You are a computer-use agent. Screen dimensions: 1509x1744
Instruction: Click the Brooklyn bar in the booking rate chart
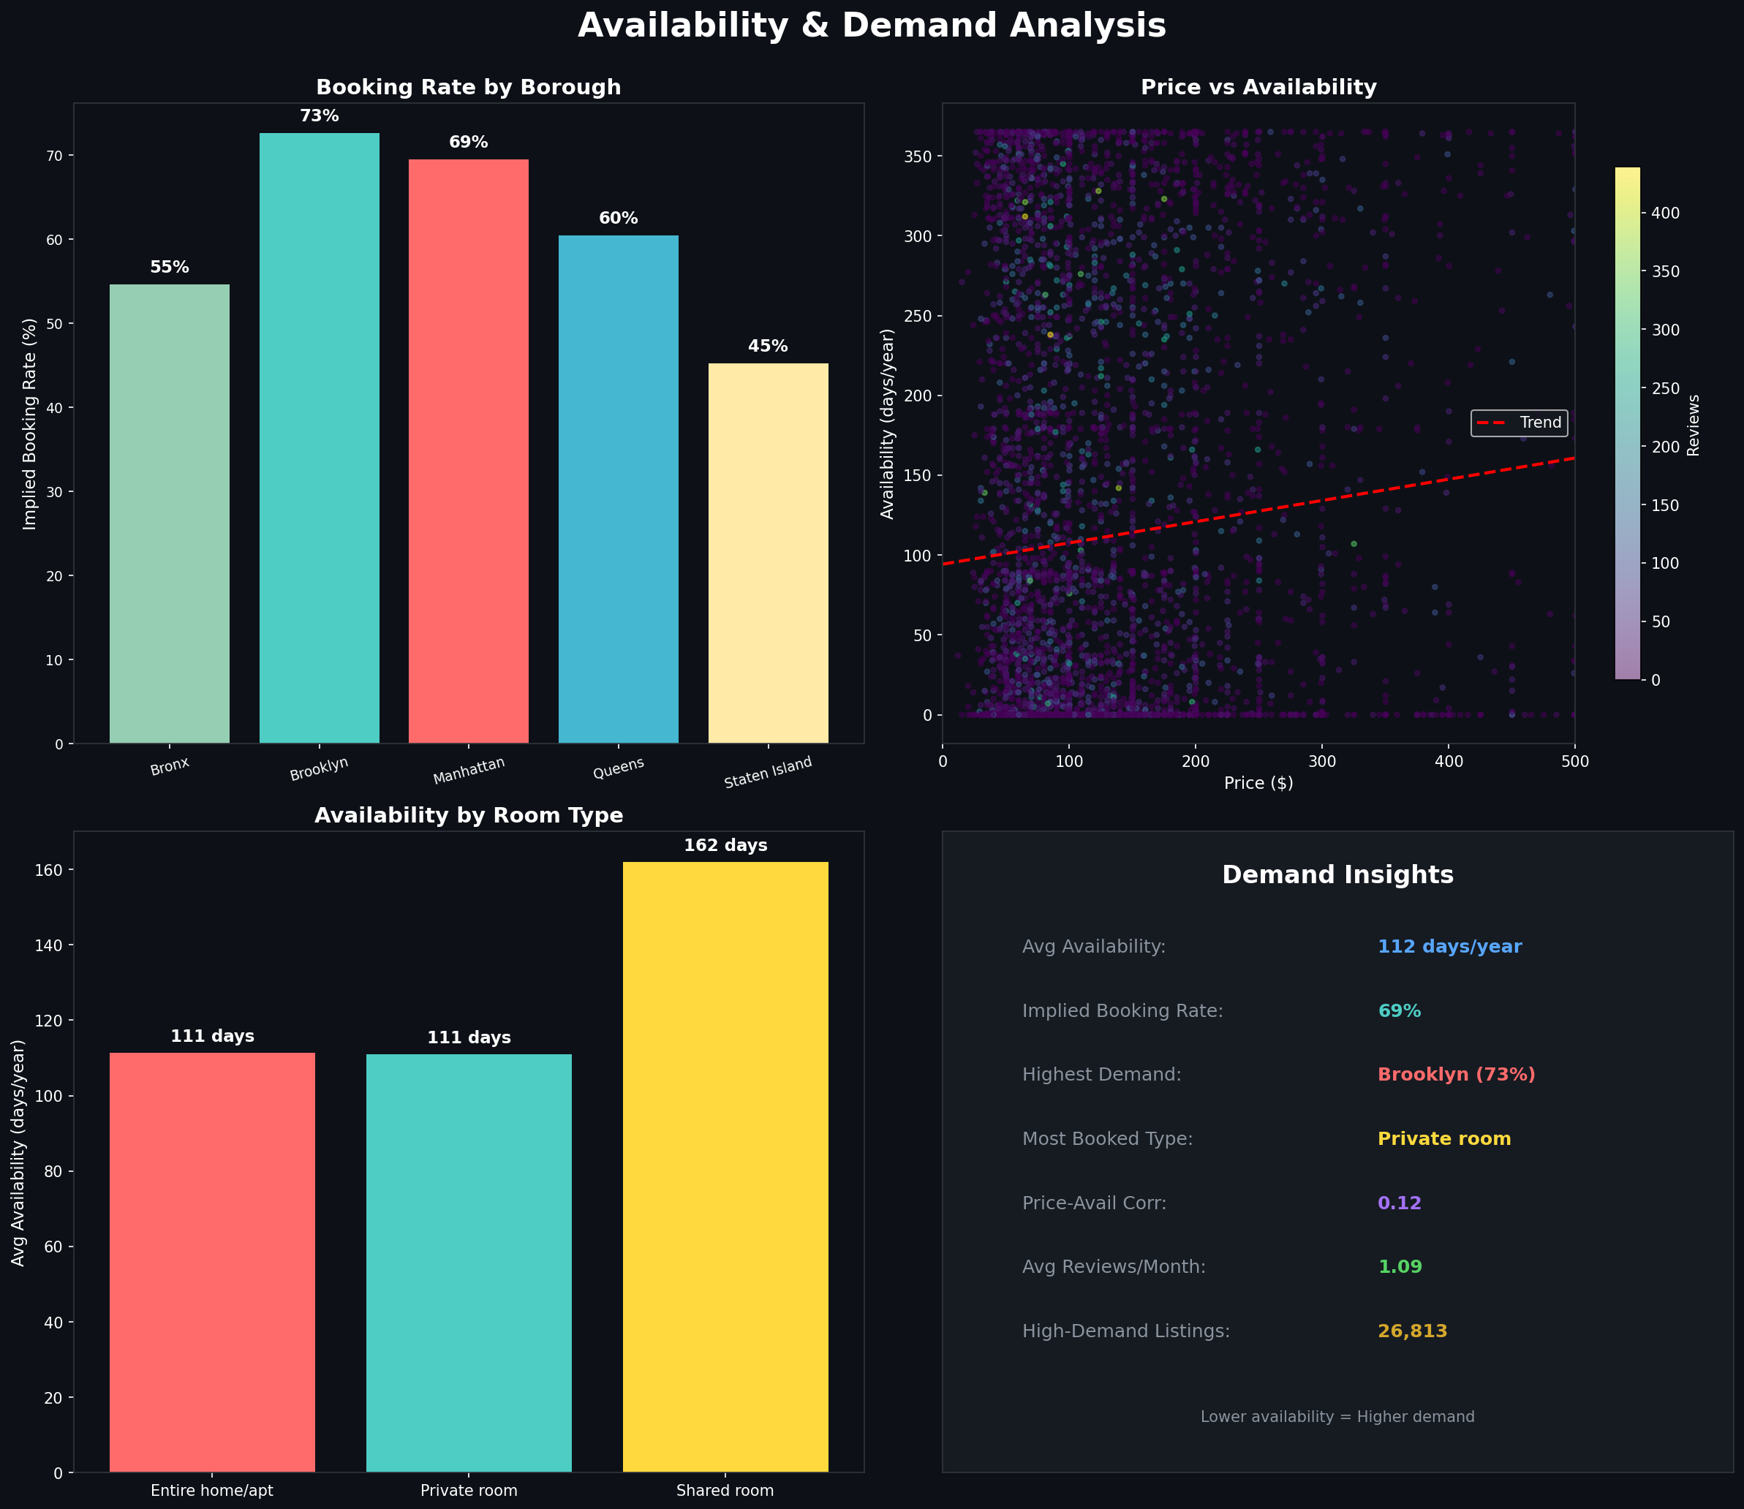click(x=319, y=438)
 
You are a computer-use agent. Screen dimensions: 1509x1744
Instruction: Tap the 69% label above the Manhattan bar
click(x=468, y=143)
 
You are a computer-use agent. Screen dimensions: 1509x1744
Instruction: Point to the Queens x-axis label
click(x=618, y=767)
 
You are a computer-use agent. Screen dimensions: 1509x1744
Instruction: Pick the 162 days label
click(x=725, y=845)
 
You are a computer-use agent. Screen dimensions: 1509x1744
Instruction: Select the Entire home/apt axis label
click(x=212, y=1491)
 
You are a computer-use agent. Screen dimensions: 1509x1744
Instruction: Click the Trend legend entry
click(x=1520, y=423)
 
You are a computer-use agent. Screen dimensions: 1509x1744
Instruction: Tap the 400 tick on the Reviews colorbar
click(x=1665, y=213)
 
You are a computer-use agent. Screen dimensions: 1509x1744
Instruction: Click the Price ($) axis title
click(x=1258, y=783)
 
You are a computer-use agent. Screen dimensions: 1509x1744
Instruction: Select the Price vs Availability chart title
click(x=1258, y=88)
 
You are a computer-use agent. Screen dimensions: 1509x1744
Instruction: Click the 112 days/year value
click(x=1449, y=947)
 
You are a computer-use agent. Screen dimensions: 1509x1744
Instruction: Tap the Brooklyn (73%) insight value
click(x=1456, y=1075)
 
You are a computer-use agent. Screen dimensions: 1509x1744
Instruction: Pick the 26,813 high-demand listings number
click(x=1412, y=1331)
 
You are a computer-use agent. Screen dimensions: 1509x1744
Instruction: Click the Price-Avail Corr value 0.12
click(x=1400, y=1203)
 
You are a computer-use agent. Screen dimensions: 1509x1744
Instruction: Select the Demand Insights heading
click(x=1337, y=875)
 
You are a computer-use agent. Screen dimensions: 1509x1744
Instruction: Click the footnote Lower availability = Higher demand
click(x=1337, y=1417)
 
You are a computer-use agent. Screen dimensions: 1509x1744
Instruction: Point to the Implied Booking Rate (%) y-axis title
click(x=30, y=423)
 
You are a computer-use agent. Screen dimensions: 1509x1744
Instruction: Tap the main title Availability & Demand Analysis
click(x=872, y=26)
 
